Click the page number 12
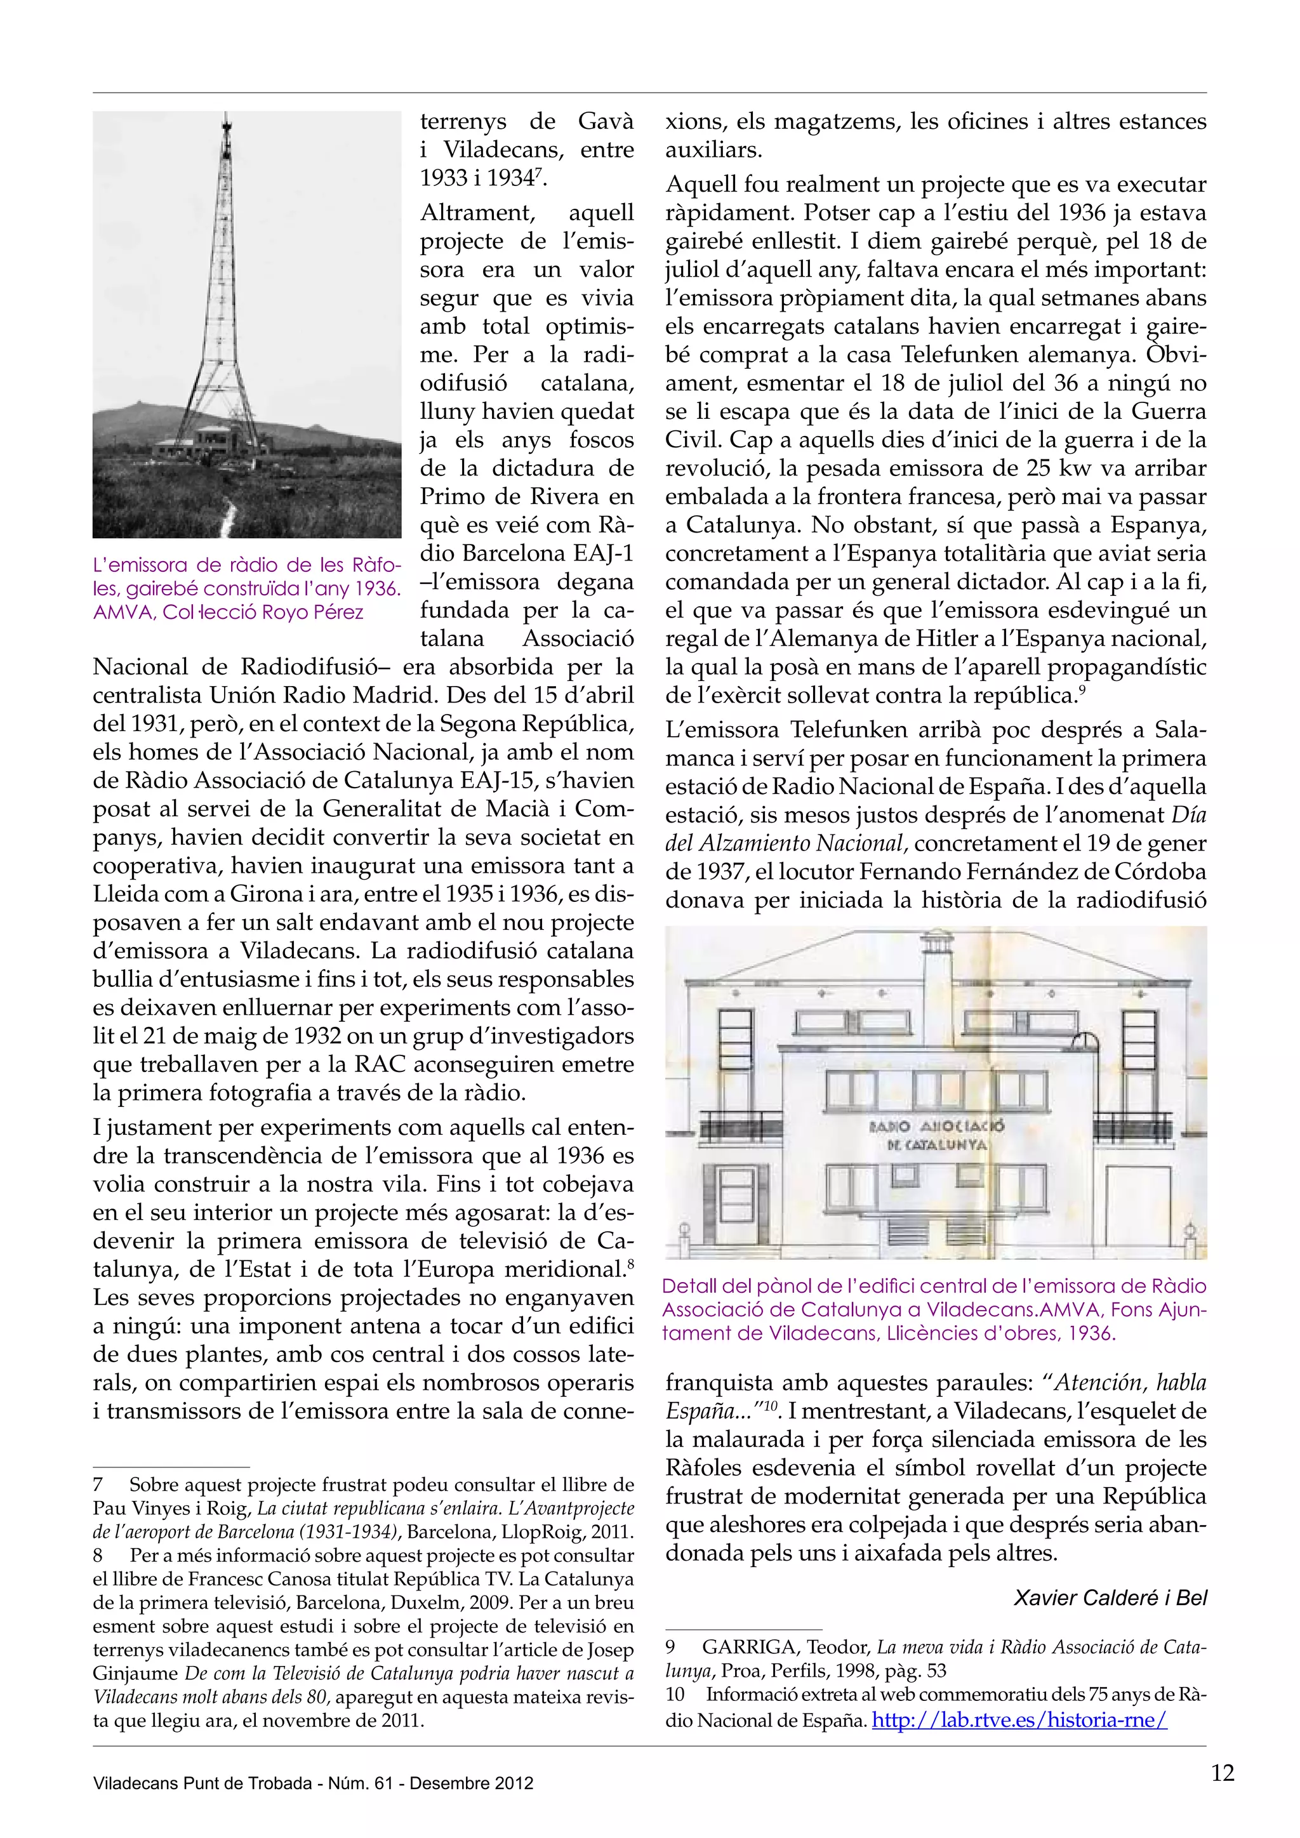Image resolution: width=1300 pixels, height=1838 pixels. pos(1223,1773)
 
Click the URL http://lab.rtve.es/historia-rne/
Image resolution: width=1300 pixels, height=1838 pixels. pos(1019,1719)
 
